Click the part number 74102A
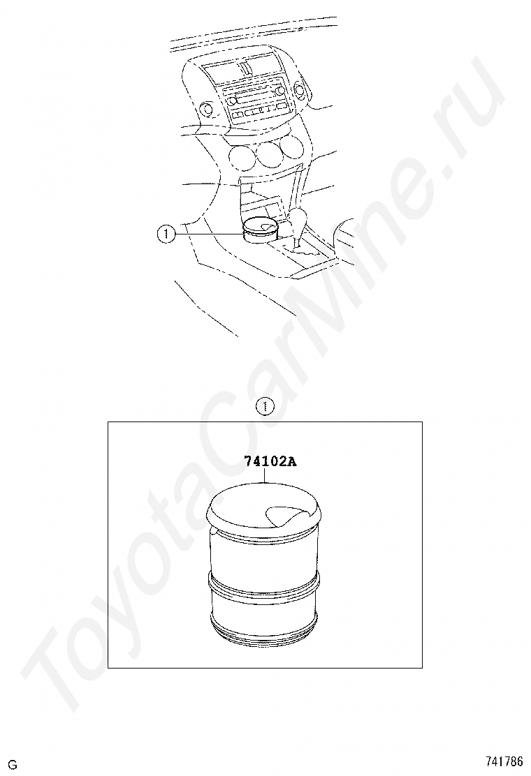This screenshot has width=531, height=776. point(270,461)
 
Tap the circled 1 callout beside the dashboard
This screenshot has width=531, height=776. point(166,234)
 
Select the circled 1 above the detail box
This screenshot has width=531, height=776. point(265,407)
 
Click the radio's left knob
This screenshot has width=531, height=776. point(232,101)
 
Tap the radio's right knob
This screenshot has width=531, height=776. point(282,91)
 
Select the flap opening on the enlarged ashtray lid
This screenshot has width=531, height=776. point(282,516)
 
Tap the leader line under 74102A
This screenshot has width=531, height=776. point(265,475)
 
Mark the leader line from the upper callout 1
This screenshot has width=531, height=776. point(208,234)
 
